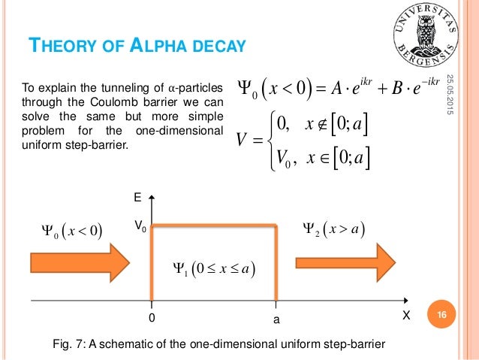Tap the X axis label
point(407,318)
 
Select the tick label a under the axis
point(276,319)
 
